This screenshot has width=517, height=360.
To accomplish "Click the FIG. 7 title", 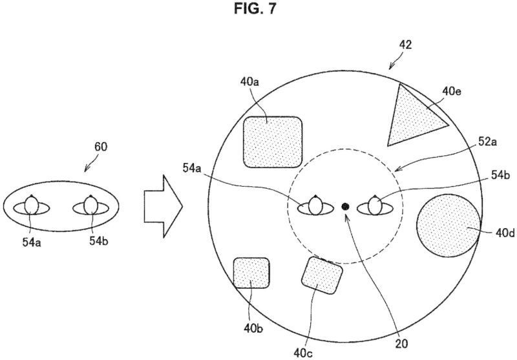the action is pyautogui.click(x=255, y=8).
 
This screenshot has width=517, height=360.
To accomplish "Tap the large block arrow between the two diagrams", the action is pyautogui.click(x=164, y=206).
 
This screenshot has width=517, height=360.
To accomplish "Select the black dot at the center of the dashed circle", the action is pyautogui.click(x=345, y=206).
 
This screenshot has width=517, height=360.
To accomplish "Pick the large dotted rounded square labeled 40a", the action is pyautogui.click(x=273, y=142).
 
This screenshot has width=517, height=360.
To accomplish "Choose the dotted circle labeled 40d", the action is pyautogui.click(x=448, y=226).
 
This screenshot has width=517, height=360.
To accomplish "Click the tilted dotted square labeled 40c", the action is pyautogui.click(x=322, y=275).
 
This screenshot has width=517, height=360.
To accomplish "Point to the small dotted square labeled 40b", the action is pyautogui.click(x=251, y=273).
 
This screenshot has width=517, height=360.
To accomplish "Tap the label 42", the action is pyautogui.click(x=405, y=45).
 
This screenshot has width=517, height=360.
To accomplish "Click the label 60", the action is pyautogui.click(x=101, y=147).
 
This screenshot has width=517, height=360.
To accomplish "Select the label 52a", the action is pyautogui.click(x=488, y=142).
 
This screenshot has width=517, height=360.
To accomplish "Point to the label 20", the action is pyautogui.click(x=401, y=344).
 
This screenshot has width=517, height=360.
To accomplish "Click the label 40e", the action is pyautogui.click(x=451, y=91).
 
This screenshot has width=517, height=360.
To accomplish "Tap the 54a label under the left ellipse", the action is pyautogui.click(x=32, y=242).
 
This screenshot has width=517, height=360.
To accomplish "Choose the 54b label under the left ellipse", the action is pyautogui.click(x=99, y=241).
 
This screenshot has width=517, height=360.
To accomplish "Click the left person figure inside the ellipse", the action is pyautogui.click(x=31, y=206).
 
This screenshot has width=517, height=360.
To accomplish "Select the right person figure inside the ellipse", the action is pyautogui.click(x=90, y=206).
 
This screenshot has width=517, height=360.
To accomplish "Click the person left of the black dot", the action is pyautogui.click(x=315, y=206).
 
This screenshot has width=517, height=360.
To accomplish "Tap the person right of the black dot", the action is pyautogui.click(x=375, y=206).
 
